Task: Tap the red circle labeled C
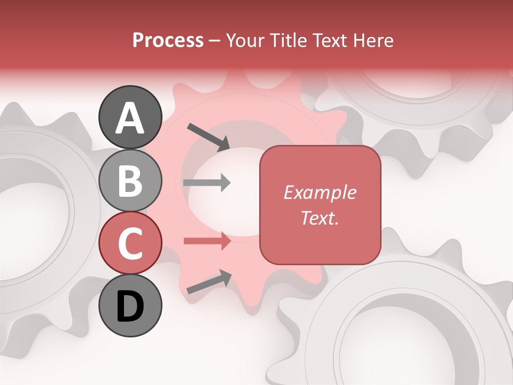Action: (x=130, y=243)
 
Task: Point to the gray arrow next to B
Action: (x=207, y=183)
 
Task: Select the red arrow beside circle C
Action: (x=207, y=241)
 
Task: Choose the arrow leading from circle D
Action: (x=209, y=282)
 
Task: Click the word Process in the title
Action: (x=168, y=40)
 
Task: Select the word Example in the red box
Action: (x=320, y=192)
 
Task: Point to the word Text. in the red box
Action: (x=320, y=218)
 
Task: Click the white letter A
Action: (x=130, y=118)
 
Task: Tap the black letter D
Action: (x=130, y=306)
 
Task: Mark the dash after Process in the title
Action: (x=215, y=41)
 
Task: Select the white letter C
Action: (x=130, y=243)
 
